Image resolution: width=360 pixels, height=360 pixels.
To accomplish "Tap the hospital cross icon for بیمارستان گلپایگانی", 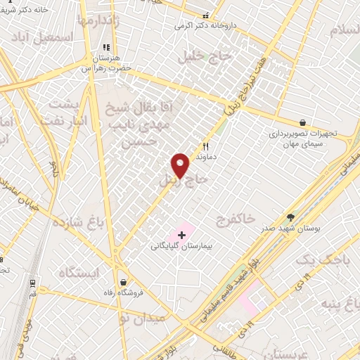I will (x=181, y=233).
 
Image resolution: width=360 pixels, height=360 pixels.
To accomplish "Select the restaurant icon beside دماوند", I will (x=205, y=147).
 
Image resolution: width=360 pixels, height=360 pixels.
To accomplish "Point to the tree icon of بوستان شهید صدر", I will (x=290, y=217).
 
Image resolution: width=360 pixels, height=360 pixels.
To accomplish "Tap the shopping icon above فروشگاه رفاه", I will (x=124, y=282).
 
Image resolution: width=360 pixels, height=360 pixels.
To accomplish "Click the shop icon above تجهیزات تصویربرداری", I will (x=302, y=122).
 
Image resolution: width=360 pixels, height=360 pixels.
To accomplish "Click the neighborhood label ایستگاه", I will (x=79, y=272).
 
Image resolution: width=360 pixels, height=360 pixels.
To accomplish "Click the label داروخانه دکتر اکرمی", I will (x=206, y=26).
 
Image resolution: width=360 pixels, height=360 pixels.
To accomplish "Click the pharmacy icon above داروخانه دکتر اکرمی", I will (x=205, y=15).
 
